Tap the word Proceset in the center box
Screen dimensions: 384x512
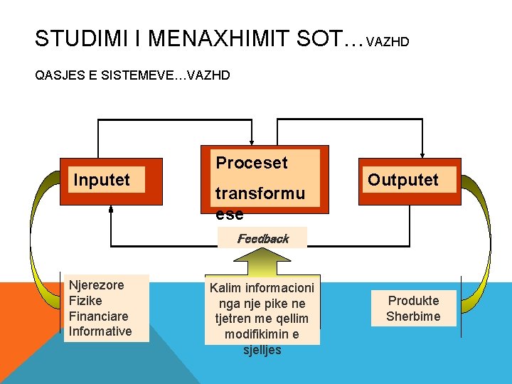point(252,163)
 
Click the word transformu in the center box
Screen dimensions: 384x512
point(260,193)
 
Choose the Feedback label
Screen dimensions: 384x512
point(262,239)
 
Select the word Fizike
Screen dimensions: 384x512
point(85,300)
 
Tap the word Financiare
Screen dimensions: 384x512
point(97,316)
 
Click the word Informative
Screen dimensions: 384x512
point(100,331)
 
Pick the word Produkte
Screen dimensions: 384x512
point(413,301)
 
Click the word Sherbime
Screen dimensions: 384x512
point(413,316)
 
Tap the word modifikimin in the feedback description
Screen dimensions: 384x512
point(262,334)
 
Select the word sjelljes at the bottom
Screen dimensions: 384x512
point(262,350)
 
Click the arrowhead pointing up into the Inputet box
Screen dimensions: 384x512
point(111,209)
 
